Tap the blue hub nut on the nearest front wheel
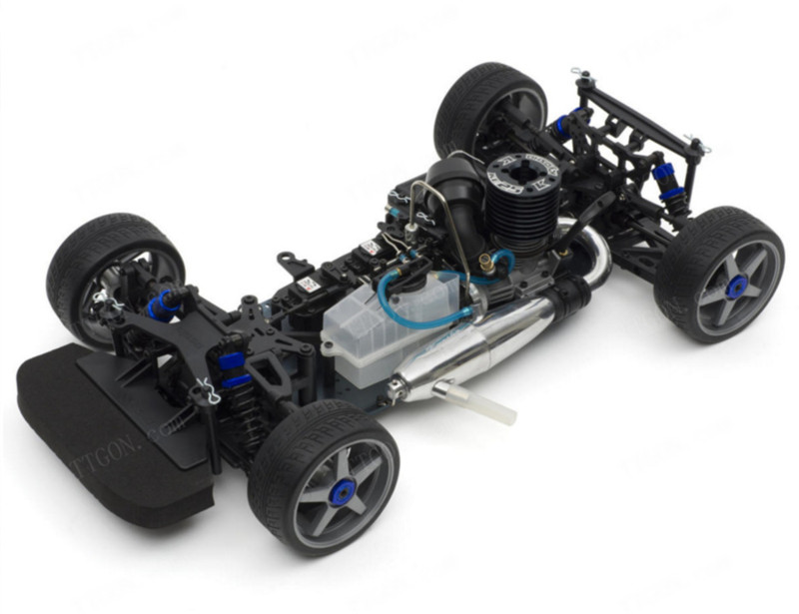pos(344,490)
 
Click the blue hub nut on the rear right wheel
pos(737,288)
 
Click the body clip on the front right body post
pos(208,390)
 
